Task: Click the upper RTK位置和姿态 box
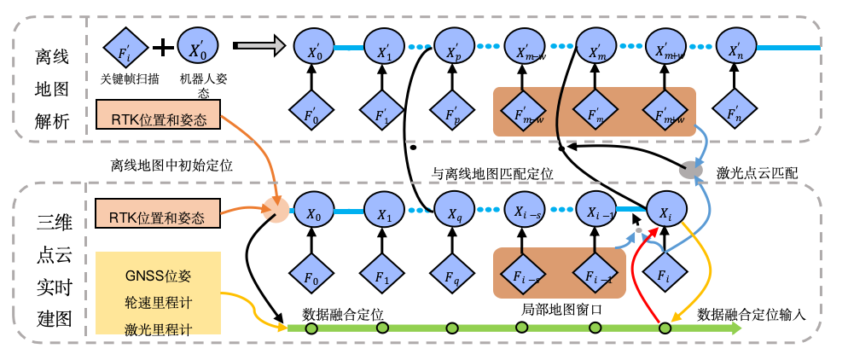pyautogui.click(x=159, y=118)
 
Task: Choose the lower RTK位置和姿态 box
pyautogui.click(x=159, y=217)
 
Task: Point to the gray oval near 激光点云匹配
pyautogui.click(x=691, y=170)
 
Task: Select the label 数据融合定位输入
pyautogui.click(x=752, y=312)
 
